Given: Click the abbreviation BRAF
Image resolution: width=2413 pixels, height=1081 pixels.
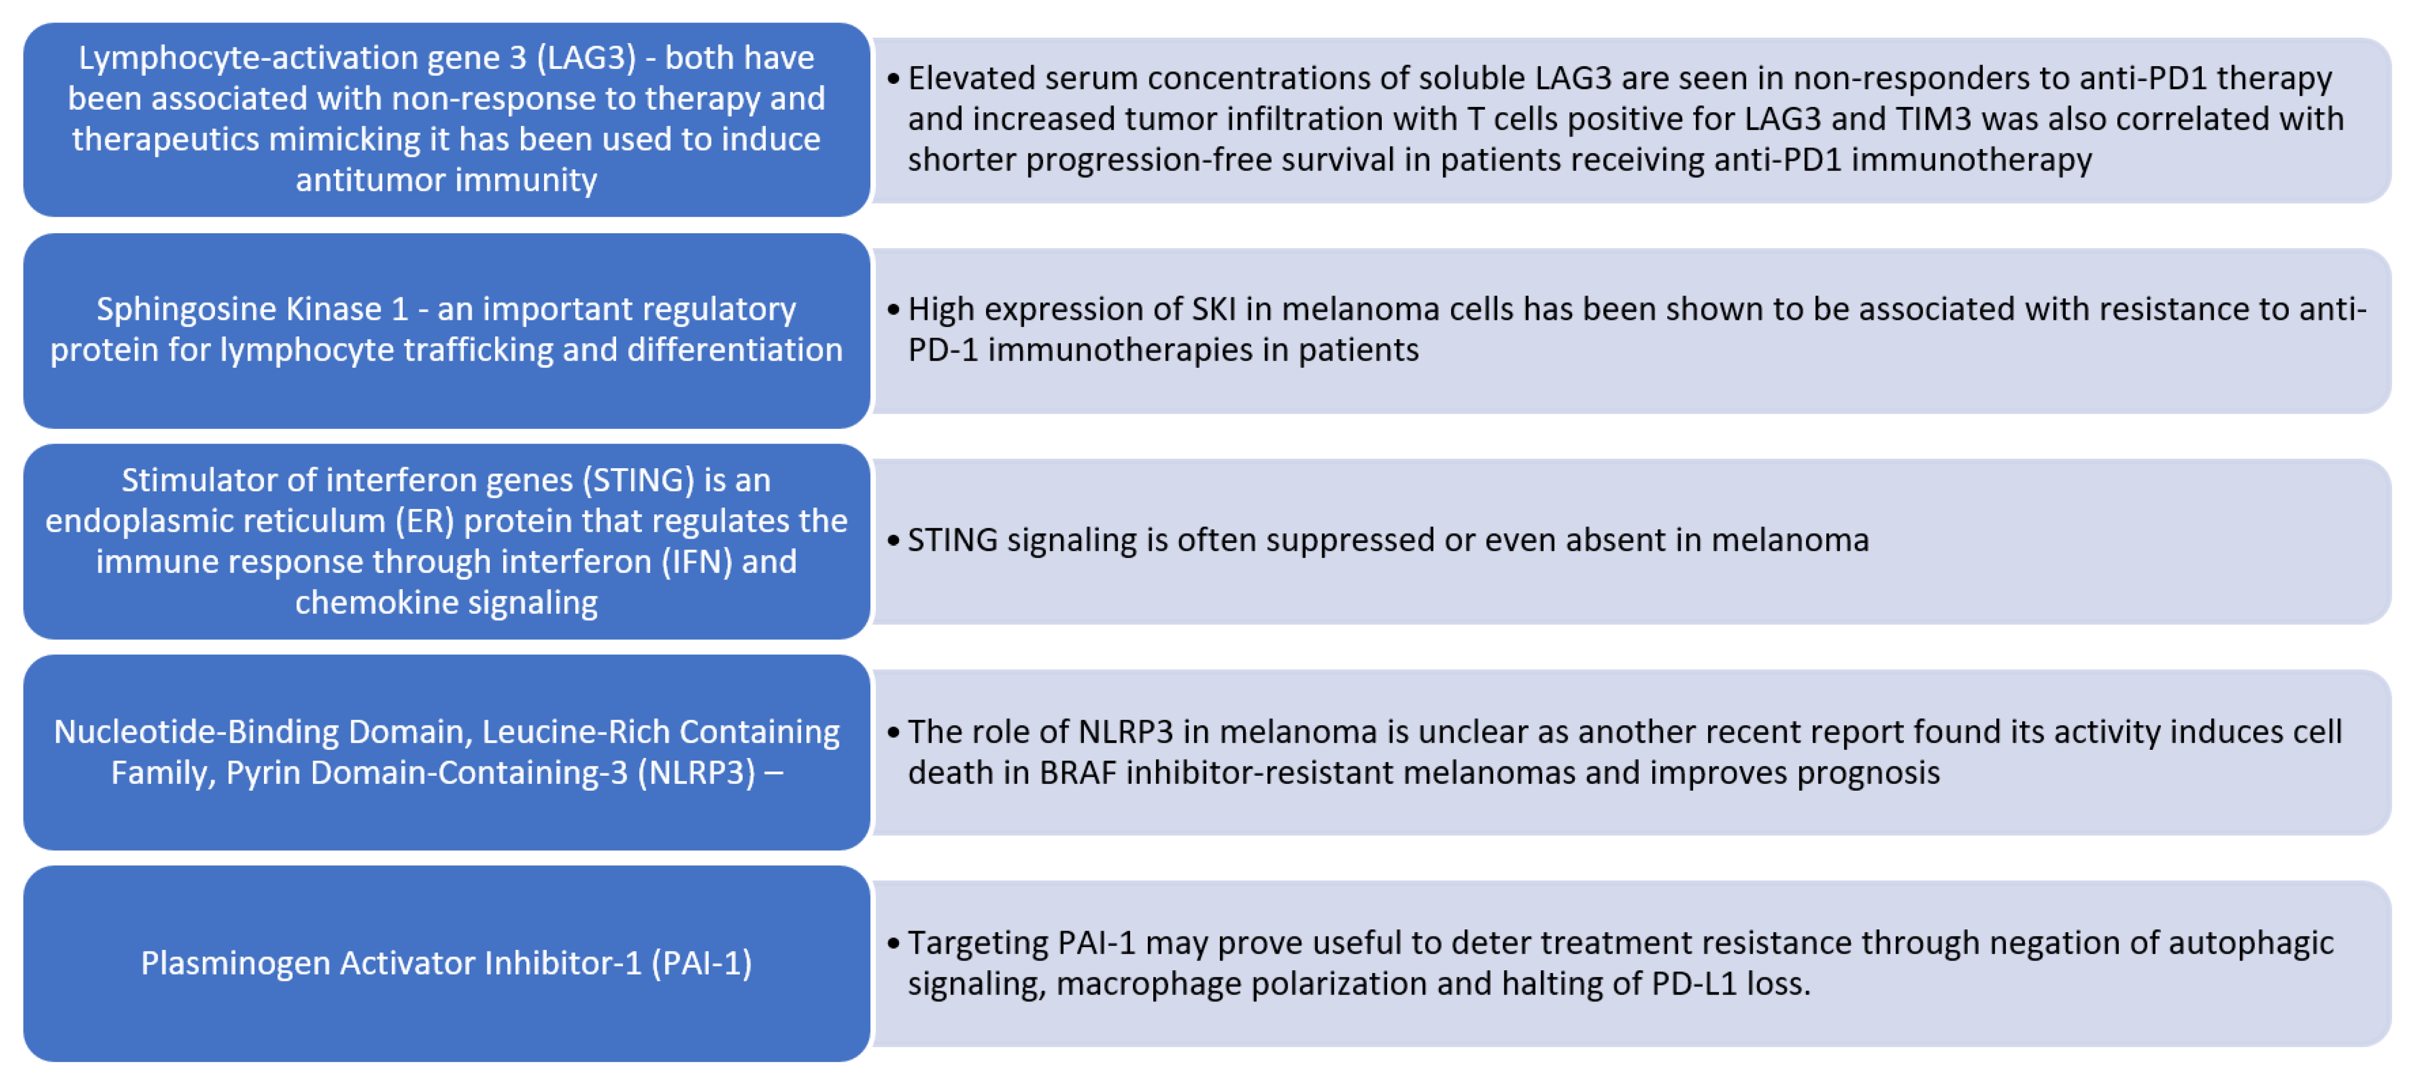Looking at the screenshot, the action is (x=1078, y=773).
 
